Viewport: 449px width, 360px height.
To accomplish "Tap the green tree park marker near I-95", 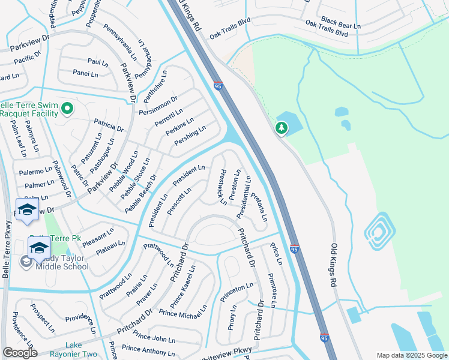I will pyautogui.click(x=280, y=128).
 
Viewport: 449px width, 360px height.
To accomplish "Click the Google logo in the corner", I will pyautogui.click(x=20, y=353).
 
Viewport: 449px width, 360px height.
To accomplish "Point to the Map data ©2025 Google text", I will pyautogui.click(x=411, y=355).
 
